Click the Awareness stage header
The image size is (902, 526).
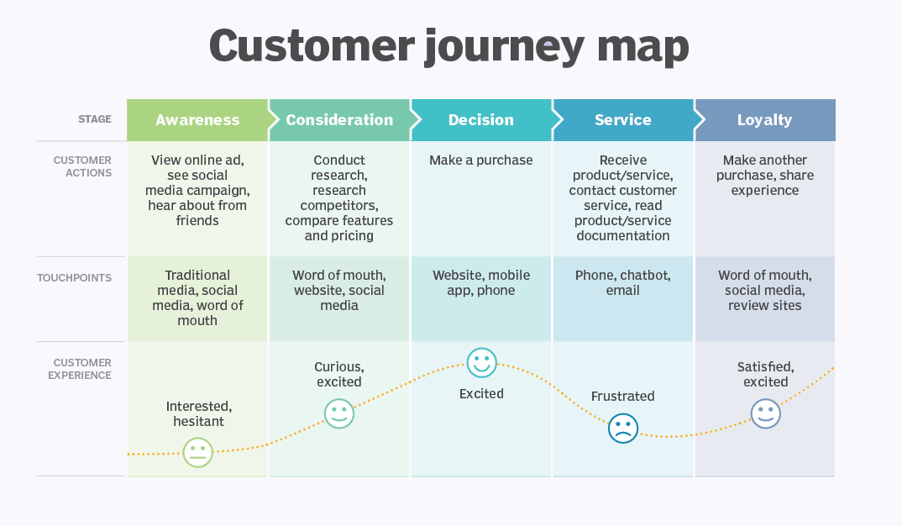[197, 120]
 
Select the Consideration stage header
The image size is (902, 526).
[339, 120]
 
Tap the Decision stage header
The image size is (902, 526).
[481, 120]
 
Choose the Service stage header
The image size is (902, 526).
[623, 120]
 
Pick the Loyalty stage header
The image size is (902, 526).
[764, 120]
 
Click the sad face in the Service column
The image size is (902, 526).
[623, 429]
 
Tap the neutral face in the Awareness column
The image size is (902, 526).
[198, 453]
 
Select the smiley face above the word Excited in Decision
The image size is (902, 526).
[482, 363]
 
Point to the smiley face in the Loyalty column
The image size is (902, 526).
[765, 413]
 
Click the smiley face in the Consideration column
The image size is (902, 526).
[339, 413]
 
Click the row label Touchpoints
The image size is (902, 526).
[74, 278]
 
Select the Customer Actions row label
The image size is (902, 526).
[82, 166]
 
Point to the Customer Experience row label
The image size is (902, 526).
[80, 369]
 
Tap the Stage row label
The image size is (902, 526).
[95, 119]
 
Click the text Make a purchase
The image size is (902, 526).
[481, 160]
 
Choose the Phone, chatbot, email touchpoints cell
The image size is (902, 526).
[623, 283]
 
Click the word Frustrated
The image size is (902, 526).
[622, 396]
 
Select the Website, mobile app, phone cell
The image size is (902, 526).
[481, 283]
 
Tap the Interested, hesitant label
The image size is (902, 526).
[198, 413]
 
